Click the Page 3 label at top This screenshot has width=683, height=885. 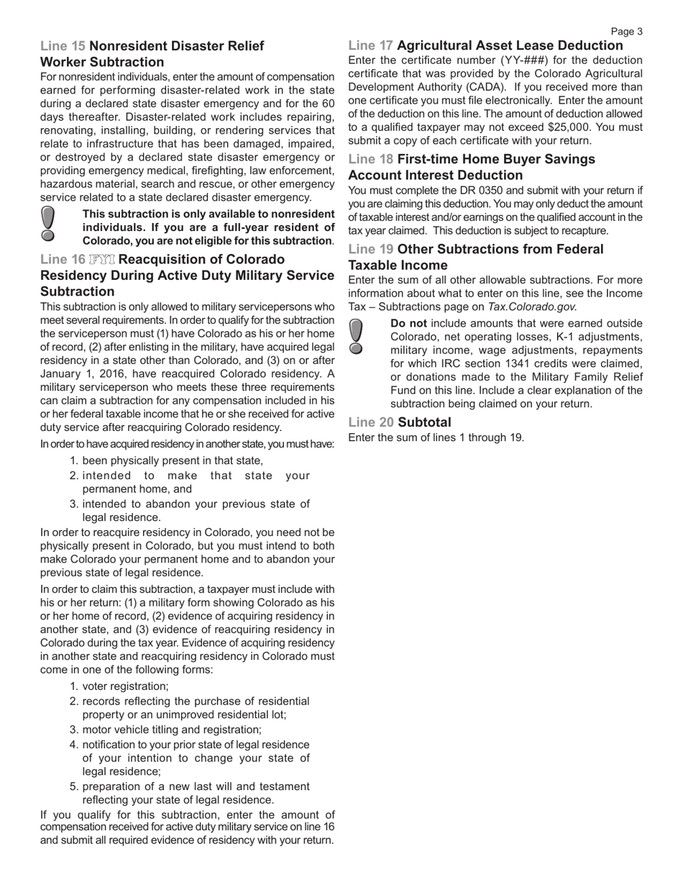coord(627,31)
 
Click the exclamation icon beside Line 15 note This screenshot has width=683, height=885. coord(47,223)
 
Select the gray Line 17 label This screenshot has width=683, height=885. coord(370,45)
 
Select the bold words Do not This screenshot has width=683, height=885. coord(408,324)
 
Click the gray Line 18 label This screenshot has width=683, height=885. coord(370,159)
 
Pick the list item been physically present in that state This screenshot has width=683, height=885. coord(173,460)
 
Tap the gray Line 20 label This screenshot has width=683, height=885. coord(370,422)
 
